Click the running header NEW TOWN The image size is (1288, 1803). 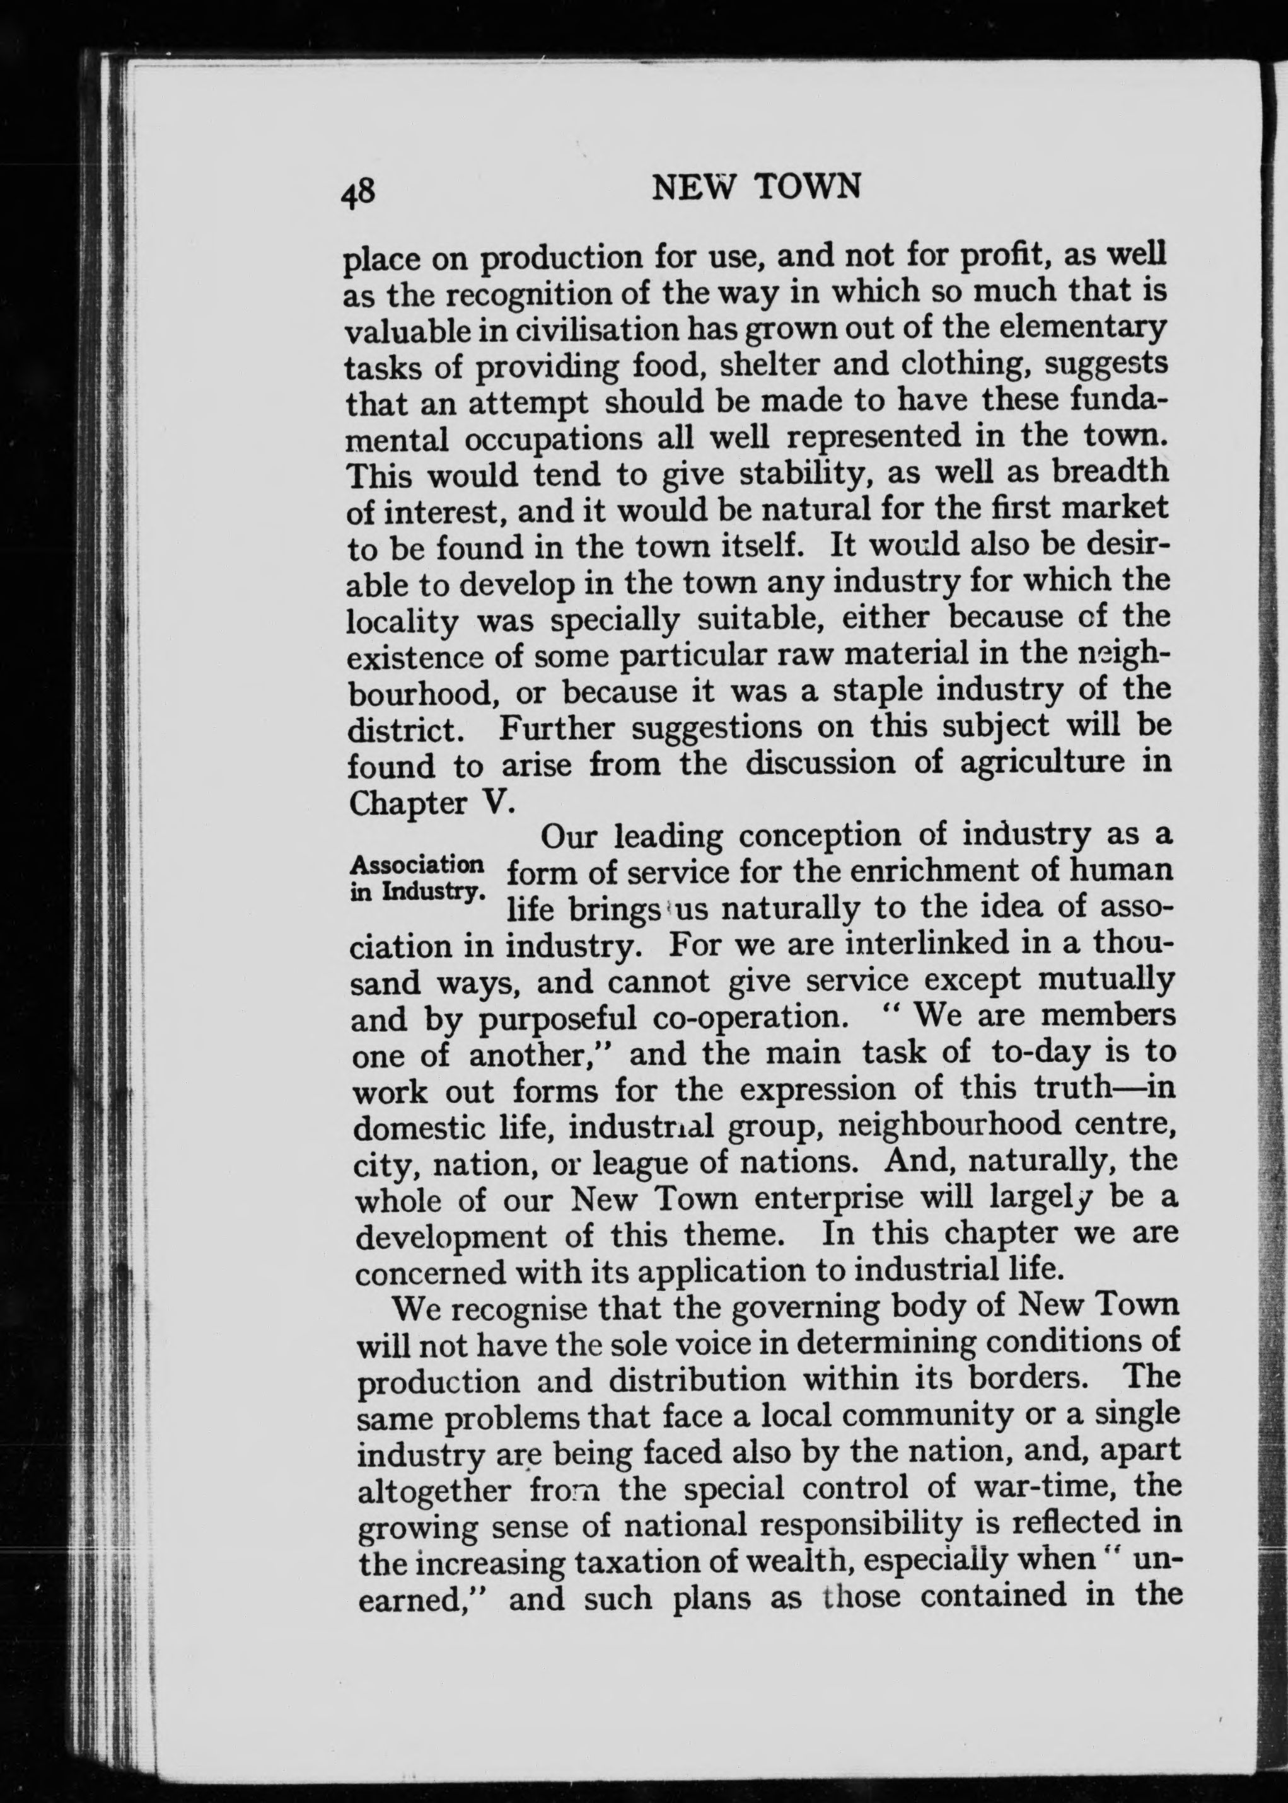755,187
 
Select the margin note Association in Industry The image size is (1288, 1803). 415,876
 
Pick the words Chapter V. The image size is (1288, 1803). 432,804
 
